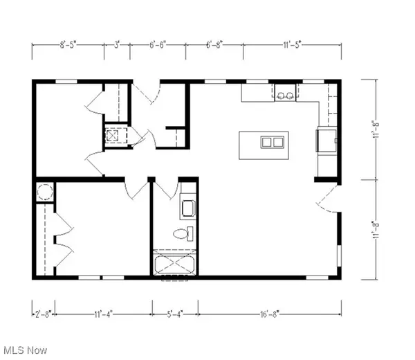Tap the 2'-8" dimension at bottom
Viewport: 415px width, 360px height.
[x=43, y=316]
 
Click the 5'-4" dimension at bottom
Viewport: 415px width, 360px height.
[x=175, y=316]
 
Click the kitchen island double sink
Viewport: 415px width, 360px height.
[x=272, y=143]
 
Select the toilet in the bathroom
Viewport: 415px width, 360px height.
[x=183, y=233]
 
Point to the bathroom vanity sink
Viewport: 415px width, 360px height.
[x=188, y=206]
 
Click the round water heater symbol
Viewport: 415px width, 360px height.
[x=45, y=192]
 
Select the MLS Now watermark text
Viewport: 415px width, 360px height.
[x=24, y=351]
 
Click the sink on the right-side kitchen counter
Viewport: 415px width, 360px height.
[x=326, y=141]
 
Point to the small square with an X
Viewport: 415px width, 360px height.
[x=111, y=135]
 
